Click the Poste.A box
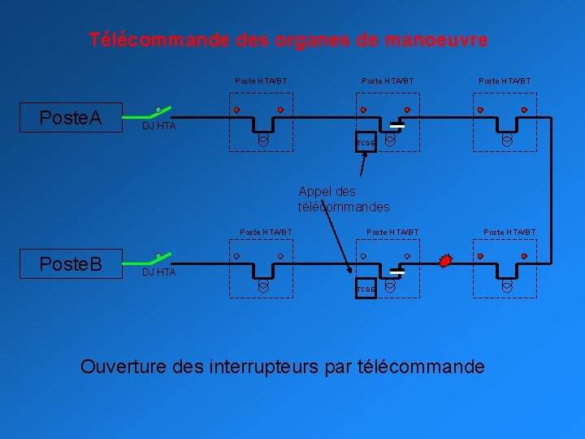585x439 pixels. click(71, 118)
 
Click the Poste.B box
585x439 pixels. click(71, 264)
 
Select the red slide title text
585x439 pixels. click(288, 39)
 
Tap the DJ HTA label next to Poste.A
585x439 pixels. click(158, 127)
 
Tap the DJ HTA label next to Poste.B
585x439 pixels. click(158, 272)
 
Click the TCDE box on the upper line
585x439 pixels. click(366, 143)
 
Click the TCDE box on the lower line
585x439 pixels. click(366, 289)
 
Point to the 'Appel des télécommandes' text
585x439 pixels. click(343, 199)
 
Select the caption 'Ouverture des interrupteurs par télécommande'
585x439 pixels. click(282, 367)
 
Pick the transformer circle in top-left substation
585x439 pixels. click(263, 140)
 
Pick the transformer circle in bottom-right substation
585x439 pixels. click(507, 286)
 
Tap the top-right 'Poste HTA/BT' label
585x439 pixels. click(505, 80)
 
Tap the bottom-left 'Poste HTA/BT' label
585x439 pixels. click(266, 233)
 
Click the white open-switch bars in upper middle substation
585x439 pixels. click(397, 126)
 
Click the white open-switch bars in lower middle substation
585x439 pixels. click(396, 272)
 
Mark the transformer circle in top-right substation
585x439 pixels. click(507, 140)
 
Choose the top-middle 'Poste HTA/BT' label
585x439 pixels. click(388, 80)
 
